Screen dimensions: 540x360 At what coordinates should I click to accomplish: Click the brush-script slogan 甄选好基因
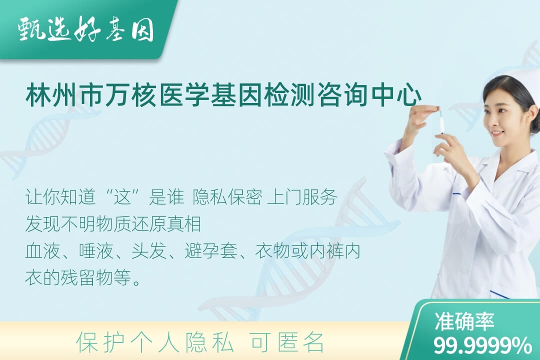[86, 30]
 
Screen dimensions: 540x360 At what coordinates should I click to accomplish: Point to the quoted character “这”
[123, 197]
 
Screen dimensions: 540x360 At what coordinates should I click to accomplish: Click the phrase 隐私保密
[227, 197]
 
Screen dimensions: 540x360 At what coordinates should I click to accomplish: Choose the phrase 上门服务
[302, 197]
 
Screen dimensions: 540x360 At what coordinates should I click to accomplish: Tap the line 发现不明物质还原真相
[113, 224]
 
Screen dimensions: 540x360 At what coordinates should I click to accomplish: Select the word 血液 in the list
[42, 251]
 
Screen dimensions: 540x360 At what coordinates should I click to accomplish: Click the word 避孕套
[211, 251]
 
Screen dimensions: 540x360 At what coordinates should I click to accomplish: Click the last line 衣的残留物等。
[83, 277]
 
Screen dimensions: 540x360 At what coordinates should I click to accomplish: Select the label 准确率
[464, 321]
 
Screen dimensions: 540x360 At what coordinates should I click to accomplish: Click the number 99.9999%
[482, 345]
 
